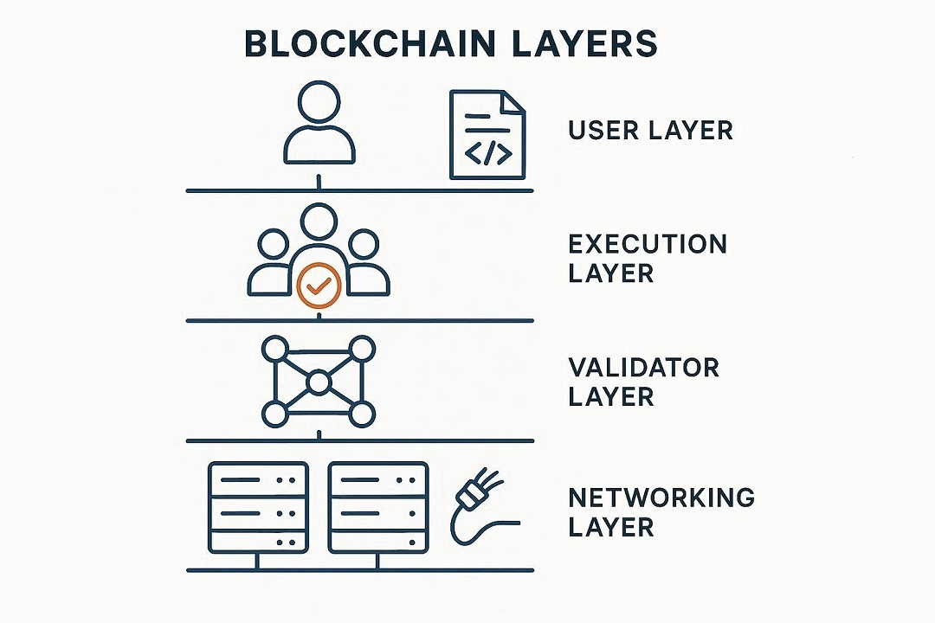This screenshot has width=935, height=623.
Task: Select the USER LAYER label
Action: [x=650, y=131]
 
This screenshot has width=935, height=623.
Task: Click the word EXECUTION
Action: [x=648, y=244]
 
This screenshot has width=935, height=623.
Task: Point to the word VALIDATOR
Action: [x=643, y=367]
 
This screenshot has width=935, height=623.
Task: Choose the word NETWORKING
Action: [x=661, y=498]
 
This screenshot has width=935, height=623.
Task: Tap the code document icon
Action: [x=487, y=135]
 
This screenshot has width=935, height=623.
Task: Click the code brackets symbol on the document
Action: [x=488, y=154]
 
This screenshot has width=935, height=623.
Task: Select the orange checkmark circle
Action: [x=319, y=286]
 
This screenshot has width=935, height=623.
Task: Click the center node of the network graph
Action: [x=319, y=382]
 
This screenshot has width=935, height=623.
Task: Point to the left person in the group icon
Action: [x=271, y=264]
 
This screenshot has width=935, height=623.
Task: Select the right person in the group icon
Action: [x=366, y=264]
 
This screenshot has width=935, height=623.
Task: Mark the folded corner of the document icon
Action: [x=512, y=101]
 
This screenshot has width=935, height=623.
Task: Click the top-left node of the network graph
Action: [x=274, y=349]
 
